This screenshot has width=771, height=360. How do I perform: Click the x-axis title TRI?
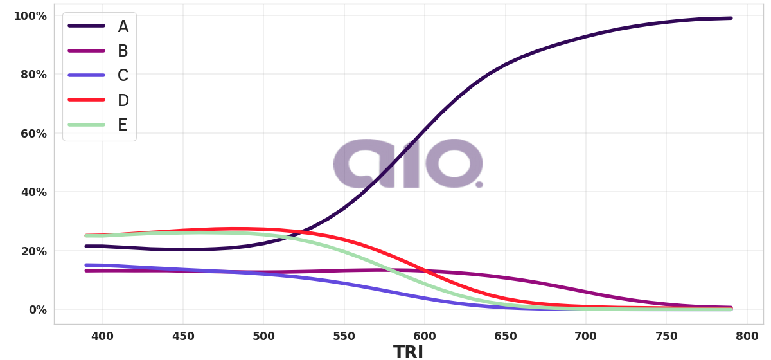pyautogui.click(x=408, y=352)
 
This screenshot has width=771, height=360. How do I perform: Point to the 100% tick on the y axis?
pyautogui.click(x=30, y=15)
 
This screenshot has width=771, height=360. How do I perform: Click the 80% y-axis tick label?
pyautogui.click(x=33, y=75)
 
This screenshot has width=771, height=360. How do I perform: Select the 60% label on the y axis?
pyautogui.click(x=33, y=133)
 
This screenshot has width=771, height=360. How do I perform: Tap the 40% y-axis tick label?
pyautogui.click(x=33, y=192)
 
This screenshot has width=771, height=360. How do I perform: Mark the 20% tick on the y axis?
pyautogui.click(x=33, y=251)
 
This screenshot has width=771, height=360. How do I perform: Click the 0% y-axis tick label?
pyautogui.click(x=35, y=310)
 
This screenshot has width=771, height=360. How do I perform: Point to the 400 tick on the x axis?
pyautogui.click(x=102, y=336)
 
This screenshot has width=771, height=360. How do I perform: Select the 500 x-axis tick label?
pyautogui.click(x=263, y=336)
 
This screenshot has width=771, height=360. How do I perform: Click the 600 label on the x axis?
pyautogui.click(x=425, y=336)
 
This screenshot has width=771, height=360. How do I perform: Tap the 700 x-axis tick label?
pyautogui.click(x=586, y=336)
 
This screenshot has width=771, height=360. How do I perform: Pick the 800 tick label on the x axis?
pyautogui.click(x=747, y=336)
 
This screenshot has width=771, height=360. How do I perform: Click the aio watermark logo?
pyautogui.click(x=408, y=163)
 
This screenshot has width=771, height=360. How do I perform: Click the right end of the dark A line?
pyautogui.click(x=731, y=18)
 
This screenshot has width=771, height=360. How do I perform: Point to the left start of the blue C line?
pyautogui.click(x=87, y=265)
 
